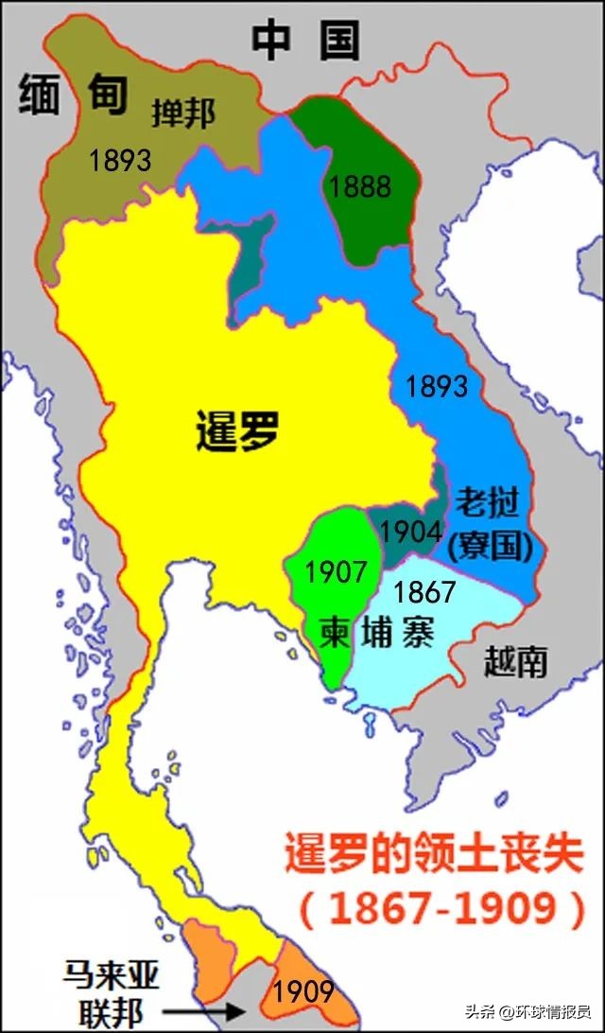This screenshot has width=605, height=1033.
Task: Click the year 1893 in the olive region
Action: coord(120,161)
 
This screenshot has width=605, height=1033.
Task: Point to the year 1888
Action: coord(360,186)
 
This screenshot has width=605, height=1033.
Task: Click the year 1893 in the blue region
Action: coord(437,386)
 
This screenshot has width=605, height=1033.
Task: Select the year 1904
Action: coord(410,531)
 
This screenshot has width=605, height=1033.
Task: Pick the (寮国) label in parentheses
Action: coord(488,545)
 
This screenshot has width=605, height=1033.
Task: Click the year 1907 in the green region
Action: coord(335,571)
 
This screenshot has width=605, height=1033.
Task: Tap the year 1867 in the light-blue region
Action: coord(425,593)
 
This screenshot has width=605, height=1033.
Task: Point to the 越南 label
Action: coord(514,661)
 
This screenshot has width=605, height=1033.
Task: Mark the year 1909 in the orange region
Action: coord(303,990)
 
